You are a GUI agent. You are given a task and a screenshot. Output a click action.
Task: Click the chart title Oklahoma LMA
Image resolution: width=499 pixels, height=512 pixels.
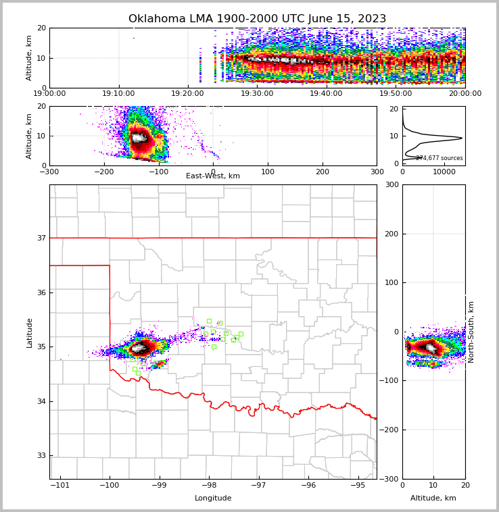click(257, 19)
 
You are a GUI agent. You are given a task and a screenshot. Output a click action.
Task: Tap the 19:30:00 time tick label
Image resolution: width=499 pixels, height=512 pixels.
click(257, 94)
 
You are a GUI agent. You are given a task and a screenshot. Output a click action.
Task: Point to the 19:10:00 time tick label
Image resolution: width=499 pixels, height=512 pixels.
click(118, 94)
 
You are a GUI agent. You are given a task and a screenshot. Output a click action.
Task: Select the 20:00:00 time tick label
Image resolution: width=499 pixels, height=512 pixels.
click(465, 94)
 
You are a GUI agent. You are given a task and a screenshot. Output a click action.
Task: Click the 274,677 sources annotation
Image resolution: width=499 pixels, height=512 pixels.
click(439, 158)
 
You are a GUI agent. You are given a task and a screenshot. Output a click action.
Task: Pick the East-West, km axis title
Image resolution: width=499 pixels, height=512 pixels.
click(213, 176)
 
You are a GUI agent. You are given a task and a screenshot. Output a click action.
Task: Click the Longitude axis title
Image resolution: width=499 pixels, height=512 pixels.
click(213, 498)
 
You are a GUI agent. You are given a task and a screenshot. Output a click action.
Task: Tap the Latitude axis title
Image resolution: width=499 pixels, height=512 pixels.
click(30, 332)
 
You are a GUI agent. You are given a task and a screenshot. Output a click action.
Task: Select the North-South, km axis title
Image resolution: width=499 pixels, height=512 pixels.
click(471, 332)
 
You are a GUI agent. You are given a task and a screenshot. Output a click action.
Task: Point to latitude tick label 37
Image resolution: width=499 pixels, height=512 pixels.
click(41, 238)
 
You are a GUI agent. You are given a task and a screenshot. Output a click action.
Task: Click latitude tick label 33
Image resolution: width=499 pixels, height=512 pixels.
click(41, 455)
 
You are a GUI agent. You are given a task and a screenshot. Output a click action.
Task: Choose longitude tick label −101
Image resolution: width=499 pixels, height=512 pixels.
click(60, 485)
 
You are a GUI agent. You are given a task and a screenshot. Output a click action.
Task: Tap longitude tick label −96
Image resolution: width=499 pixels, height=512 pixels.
click(308, 485)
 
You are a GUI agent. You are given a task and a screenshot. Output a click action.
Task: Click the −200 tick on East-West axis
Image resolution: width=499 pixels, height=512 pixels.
click(103, 172)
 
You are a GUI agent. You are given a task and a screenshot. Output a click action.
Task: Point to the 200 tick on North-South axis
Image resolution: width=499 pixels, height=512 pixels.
click(391, 234)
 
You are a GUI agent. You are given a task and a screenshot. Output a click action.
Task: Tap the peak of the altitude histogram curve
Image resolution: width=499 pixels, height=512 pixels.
click(461, 138)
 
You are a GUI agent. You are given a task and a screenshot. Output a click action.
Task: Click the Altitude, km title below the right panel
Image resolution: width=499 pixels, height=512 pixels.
click(433, 498)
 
